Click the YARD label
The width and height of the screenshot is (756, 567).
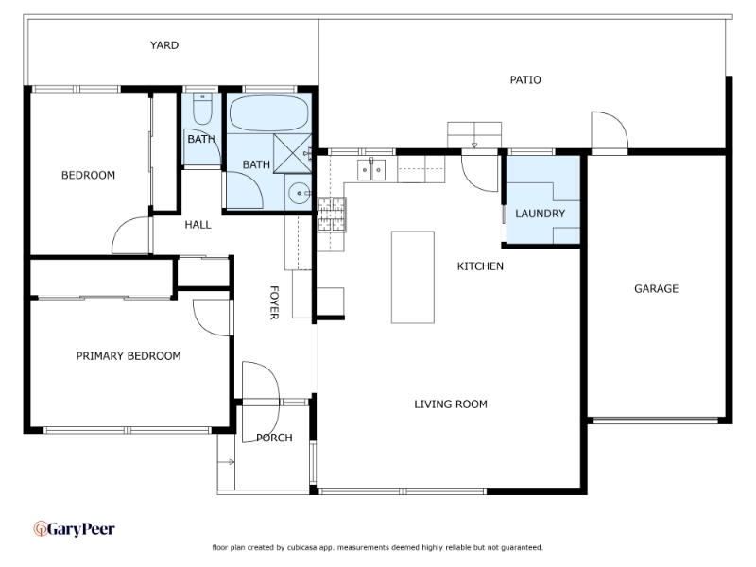(x=163, y=45)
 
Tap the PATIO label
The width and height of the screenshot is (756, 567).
(x=525, y=80)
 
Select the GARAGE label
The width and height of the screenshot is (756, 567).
(x=656, y=289)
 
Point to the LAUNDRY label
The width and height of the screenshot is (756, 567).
(x=540, y=214)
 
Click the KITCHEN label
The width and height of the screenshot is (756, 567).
(x=480, y=266)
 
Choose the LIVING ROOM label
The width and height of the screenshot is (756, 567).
(x=451, y=404)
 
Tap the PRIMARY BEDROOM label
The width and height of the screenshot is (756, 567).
(x=129, y=356)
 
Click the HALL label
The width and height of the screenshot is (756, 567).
(x=198, y=225)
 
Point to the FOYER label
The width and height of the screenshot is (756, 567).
(x=274, y=302)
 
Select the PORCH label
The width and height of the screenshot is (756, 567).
(x=274, y=438)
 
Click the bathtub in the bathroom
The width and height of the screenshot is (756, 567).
(x=268, y=113)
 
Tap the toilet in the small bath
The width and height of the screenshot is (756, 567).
(x=202, y=109)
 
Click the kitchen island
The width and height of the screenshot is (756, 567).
(x=412, y=277)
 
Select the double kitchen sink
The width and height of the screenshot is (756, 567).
(x=371, y=170)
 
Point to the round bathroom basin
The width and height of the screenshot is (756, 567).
(x=299, y=194)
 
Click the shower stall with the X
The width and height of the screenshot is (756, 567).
(x=292, y=153)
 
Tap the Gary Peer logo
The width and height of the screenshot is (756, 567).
(x=74, y=529)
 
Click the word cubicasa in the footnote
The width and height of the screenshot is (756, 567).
(x=302, y=548)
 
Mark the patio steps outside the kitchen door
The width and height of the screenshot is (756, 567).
(x=474, y=135)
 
